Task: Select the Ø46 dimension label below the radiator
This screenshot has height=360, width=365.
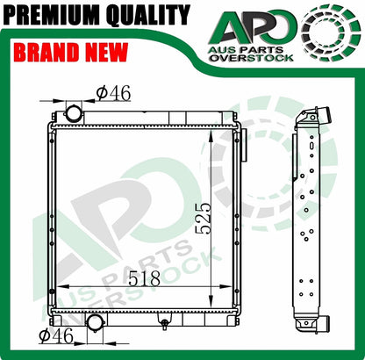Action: tap(55, 335)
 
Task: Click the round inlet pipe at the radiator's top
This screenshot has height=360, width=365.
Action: tap(73, 113)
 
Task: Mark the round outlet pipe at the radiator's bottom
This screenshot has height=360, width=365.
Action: tap(94, 321)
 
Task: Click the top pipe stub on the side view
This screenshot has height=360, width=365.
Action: tap(321, 114)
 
